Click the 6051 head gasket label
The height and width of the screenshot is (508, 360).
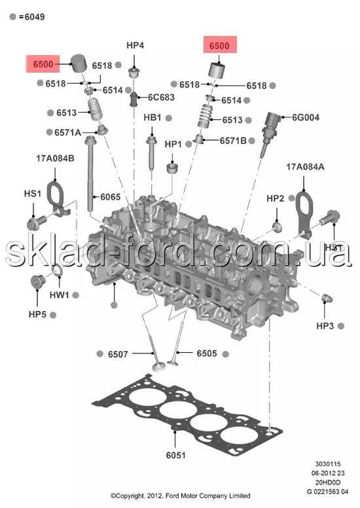pyautogui.click(x=175, y=455)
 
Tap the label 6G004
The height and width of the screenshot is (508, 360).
pyautogui.click(x=306, y=117)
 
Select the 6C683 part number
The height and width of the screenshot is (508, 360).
pyautogui.click(x=161, y=97)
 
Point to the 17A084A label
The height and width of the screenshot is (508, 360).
pyautogui.click(x=305, y=167)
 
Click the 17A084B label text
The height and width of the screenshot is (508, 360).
pyautogui.click(x=55, y=158)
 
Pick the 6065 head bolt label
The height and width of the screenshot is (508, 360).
pyautogui.click(x=110, y=197)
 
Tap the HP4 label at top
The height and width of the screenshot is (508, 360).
pyautogui.click(x=135, y=45)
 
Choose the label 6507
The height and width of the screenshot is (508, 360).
pyautogui.click(x=118, y=354)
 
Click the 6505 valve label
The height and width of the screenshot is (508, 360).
pyautogui.click(x=207, y=354)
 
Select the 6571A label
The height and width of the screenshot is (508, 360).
pyautogui.click(x=67, y=132)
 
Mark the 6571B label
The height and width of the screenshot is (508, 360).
pyautogui.click(x=233, y=141)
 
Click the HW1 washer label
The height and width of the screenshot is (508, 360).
pyautogui.click(x=60, y=295)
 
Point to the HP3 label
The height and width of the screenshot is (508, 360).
pyautogui.click(x=325, y=326)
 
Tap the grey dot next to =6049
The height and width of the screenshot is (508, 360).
pyautogui.click(x=12, y=16)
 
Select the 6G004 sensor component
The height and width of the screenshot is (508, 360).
pyautogui.click(x=269, y=134)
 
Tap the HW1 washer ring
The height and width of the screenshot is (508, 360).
pyautogui.click(x=57, y=272)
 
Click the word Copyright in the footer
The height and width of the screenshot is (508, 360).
pyautogui.click(x=128, y=496)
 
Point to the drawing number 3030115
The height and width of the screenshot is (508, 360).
pyautogui.click(x=328, y=464)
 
